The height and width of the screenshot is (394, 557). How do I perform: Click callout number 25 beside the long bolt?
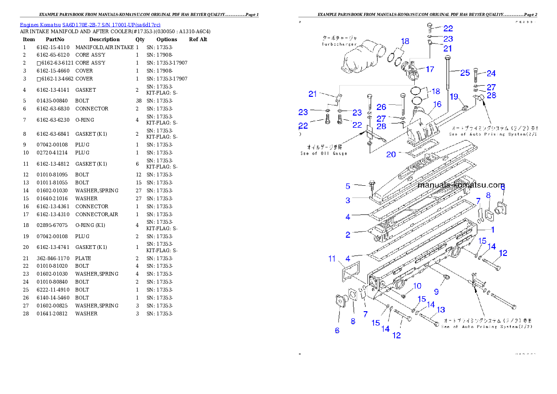point(464,73)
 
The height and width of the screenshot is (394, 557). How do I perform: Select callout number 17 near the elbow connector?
point(429,69)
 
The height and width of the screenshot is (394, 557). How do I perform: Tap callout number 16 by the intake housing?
point(437,104)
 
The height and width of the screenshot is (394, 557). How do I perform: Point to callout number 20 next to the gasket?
point(391,154)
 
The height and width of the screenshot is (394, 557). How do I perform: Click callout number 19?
point(454,96)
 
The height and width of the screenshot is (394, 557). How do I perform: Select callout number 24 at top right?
point(491,73)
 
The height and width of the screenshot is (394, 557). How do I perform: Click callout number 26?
point(381,107)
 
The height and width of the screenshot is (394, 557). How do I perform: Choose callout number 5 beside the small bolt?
point(348,186)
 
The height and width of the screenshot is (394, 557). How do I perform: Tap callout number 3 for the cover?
point(348,200)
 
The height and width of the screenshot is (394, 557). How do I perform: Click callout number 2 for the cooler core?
point(348,235)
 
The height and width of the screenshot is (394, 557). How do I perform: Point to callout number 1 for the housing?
point(492,230)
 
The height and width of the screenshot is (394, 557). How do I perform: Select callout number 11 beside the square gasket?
point(332,258)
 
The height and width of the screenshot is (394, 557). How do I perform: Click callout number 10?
point(417,286)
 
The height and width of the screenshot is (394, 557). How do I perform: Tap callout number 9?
point(436,292)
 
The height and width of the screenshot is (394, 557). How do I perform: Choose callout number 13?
point(440,310)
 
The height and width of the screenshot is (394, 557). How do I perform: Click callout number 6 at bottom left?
point(337,330)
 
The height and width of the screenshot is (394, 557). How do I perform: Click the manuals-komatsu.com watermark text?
point(461,185)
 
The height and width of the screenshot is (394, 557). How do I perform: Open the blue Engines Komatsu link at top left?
point(90,24)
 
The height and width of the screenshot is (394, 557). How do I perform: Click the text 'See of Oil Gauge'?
point(324,153)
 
